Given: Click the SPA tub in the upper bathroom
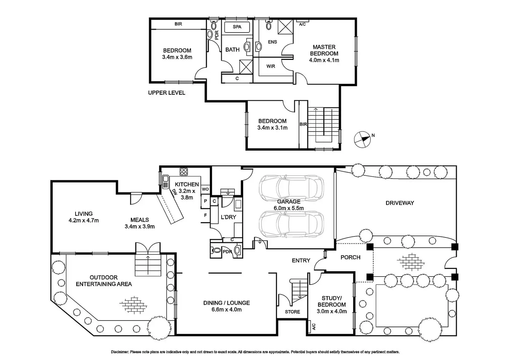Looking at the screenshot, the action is (237, 27).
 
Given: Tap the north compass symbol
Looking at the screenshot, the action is (362, 139).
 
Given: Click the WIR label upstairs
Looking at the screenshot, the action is (271, 66).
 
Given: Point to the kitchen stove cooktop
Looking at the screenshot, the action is (184, 172).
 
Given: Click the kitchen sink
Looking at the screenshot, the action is (165, 182).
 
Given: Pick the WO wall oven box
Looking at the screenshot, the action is (205, 189).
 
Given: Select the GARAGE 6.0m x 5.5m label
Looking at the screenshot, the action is (289, 205).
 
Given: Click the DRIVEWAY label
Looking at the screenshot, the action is (400, 203).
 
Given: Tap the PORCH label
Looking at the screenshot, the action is (350, 257).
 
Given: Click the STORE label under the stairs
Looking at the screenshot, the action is (292, 312).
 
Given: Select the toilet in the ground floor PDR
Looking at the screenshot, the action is (216, 250).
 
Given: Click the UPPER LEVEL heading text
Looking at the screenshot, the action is (167, 93).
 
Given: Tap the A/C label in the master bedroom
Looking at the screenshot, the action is (302, 24).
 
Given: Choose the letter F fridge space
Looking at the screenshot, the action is (205, 215).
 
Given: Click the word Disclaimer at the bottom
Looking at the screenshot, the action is (120, 352).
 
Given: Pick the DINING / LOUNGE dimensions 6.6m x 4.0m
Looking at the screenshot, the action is (227, 309).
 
